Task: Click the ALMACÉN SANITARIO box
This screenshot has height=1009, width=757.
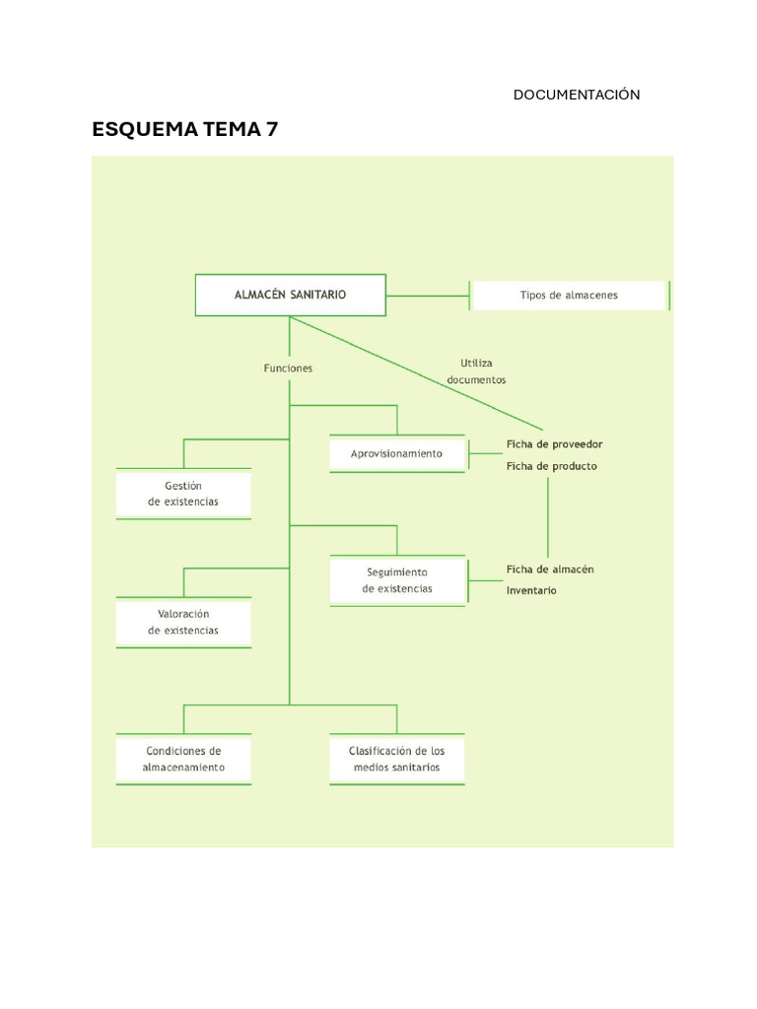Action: click(x=290, y=295)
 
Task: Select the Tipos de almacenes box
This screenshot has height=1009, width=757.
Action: click(x=569, y=295)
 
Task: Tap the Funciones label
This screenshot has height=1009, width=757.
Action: click(x=288, y=369)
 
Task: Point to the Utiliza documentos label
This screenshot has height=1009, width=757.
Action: click(x=476, y=371)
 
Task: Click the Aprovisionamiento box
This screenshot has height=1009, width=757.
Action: click(x=397, y=454)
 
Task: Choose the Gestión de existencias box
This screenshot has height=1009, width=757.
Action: click(x=183, y=494)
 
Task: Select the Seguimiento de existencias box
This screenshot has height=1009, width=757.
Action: click(x=397, y=580)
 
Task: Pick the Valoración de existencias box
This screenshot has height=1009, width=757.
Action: click(x=183, y=622)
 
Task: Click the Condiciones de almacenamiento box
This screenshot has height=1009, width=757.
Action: click(x=183, y=759)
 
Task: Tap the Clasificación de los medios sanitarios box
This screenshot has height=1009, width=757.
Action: click(x=397, y=759)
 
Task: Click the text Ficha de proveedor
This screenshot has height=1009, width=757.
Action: click(x=554, y=444)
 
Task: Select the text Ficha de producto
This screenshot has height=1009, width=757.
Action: click(x=551, y=466)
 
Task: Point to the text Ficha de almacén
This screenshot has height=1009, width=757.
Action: click(x=550, y=570)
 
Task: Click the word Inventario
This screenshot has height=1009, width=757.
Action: click(x=531, y=591)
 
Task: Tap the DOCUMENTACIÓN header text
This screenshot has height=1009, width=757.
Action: click(x=577, y=95)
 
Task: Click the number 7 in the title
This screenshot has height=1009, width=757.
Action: click(x=271, y=129)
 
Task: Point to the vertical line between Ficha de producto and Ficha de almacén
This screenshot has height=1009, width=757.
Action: click(x=548, y=517)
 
